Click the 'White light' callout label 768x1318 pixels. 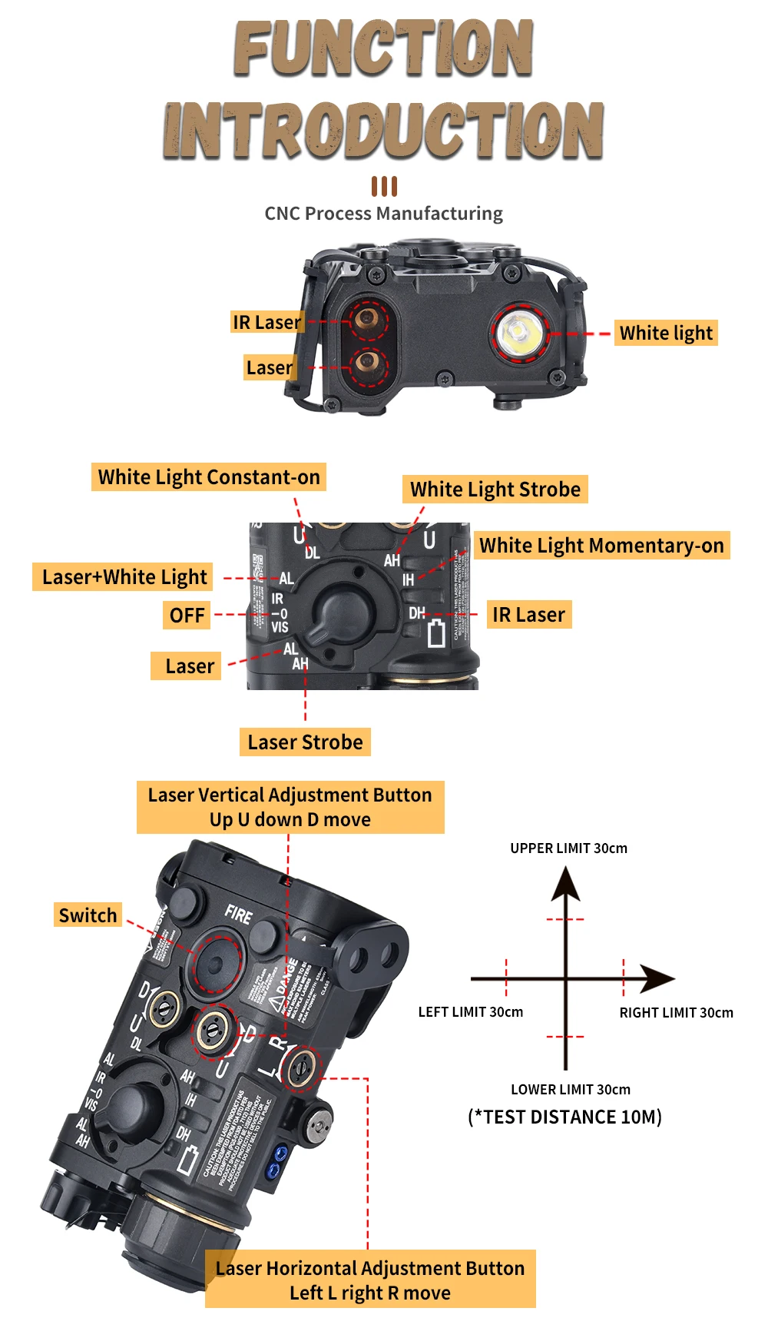click(666, 333)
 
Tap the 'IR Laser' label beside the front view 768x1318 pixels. click(266, 322)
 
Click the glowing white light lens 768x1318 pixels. click(518, 332)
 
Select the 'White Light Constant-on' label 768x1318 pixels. click(209, 477)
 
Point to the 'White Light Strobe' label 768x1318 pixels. click(495, 490)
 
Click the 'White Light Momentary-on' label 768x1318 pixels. click(601, 546)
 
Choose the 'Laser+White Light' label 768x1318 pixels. click(124, 577)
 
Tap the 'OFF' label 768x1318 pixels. click(187, 616)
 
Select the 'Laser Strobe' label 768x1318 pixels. click(305, 742)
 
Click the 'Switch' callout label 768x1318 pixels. click(88, 915)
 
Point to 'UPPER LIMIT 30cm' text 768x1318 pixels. click(568, 848)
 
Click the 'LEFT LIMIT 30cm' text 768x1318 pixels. click(470, 1012)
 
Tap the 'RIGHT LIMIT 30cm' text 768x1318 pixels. click(676, 1013)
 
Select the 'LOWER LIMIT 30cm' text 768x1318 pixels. click(571, 1090)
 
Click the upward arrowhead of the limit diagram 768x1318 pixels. click(566, 884)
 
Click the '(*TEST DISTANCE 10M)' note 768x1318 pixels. click(565, 1117)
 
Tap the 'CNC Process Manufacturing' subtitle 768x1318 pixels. click(383, 214)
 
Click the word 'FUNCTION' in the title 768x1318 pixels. click(383, 48)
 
